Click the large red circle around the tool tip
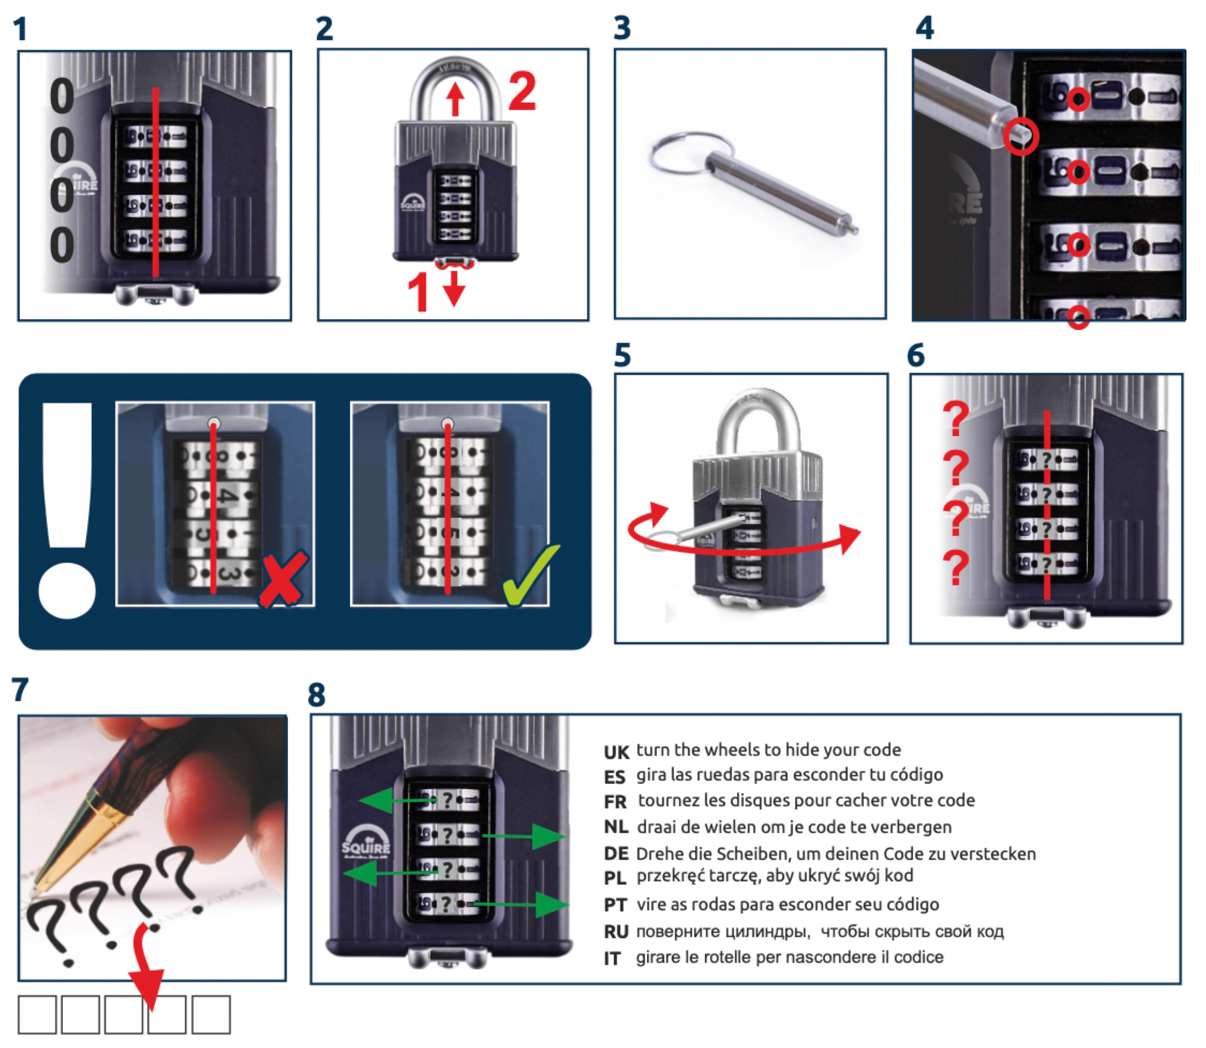click(1021, 137)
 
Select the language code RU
click(616, 932)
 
